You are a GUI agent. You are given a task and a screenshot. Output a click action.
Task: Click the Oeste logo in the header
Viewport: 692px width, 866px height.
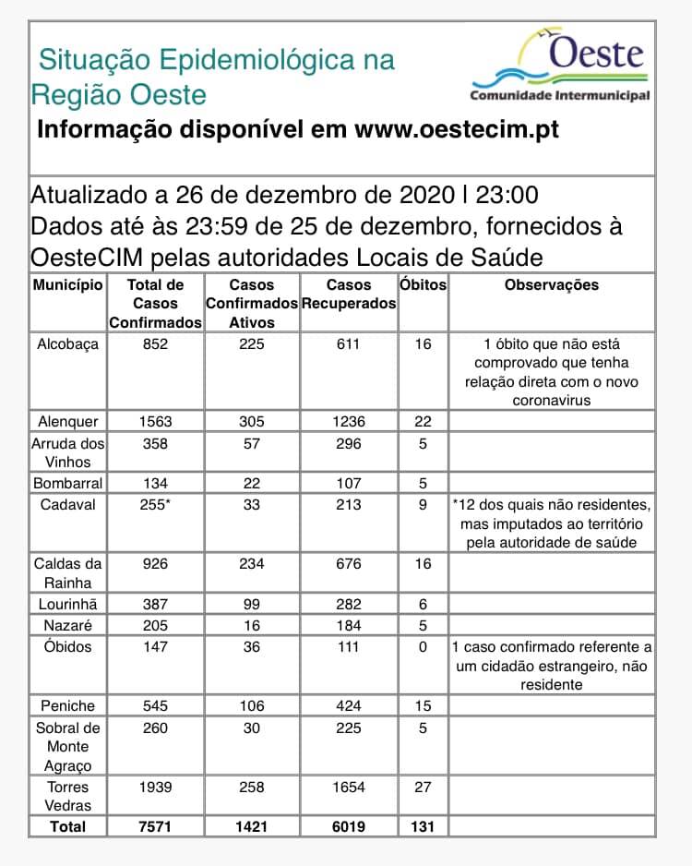(560, 66)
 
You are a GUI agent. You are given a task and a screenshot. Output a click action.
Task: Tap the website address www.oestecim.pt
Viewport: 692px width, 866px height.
(456, 130)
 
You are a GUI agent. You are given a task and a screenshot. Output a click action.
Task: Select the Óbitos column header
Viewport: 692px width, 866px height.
(423, 285)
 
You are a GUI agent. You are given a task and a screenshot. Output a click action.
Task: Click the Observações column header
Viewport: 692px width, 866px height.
(551, 285)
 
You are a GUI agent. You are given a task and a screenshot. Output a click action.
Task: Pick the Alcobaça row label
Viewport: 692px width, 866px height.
(67, 344)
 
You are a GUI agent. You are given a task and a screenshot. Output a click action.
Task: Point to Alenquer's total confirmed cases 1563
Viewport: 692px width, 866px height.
(155, 421)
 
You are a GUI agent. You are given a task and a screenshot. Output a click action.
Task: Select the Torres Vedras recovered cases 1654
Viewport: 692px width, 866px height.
(349, 788)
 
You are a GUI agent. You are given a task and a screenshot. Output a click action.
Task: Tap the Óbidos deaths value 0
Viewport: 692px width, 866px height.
(423, 646)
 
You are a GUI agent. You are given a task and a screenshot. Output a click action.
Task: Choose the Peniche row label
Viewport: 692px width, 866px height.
(67, 706)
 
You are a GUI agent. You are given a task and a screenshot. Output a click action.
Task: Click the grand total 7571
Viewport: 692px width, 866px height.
(155, 826)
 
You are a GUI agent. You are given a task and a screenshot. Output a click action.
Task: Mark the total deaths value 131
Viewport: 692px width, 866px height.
(423, 826)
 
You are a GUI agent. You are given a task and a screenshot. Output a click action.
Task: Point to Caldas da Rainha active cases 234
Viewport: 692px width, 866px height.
(251, 563)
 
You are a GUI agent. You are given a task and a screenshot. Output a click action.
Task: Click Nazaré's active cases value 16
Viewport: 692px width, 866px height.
(251, 626)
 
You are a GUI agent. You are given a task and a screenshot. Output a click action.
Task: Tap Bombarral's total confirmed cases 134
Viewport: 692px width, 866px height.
(155, 483)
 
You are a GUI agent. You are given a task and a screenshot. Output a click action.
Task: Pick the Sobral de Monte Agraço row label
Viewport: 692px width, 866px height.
(67, 746)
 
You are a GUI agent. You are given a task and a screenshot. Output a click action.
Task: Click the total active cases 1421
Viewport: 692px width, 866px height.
(251, 826)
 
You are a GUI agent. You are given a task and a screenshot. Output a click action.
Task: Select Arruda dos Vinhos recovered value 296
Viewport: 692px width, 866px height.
(349, 442)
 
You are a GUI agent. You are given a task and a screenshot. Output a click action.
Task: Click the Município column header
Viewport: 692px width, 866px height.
(67, 285)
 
